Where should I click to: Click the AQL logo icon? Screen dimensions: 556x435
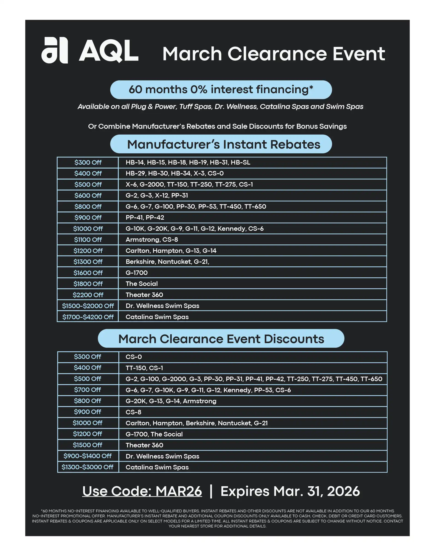coord(54,50)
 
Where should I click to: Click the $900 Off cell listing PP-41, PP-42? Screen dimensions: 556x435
coord(88,218)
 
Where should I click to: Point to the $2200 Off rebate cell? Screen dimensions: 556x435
coord(88,295)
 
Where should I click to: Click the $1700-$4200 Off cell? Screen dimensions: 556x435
coord(88,317)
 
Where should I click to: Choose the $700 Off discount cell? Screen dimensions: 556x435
coord(87,390)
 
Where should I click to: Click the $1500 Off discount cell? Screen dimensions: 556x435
coord(87,445)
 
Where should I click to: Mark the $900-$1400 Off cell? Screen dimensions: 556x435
coord(87,456)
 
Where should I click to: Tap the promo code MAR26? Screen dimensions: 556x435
coord(179,491)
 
